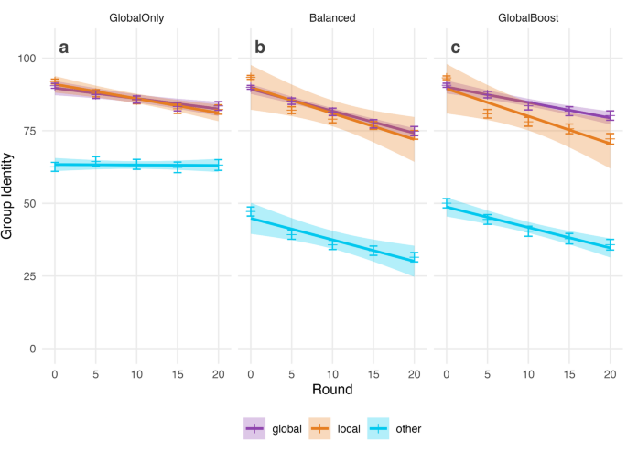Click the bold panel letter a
point(64,48)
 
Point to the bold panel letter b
point(259,48)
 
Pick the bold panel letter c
point(455,48)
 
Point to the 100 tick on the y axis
point(27,59)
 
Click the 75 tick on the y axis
point(31,131)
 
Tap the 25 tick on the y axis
point(31,276)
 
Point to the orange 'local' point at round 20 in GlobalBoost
point(610,140)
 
